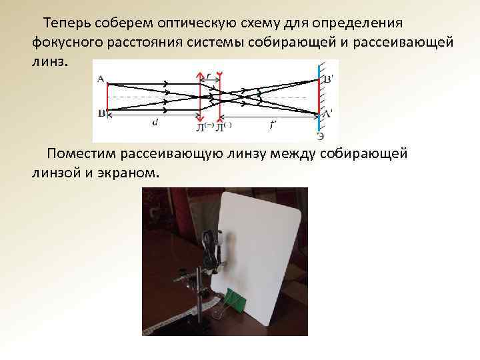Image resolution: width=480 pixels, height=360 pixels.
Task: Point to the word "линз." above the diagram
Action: tap(49, 62)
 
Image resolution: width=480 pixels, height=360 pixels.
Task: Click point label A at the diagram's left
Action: tap(101, 79)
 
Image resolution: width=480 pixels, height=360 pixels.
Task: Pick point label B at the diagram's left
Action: tap(101, 113)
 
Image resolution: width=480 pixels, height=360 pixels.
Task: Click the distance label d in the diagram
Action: tap(155, 122)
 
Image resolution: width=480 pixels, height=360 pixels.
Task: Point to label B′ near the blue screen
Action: tap(328, 79)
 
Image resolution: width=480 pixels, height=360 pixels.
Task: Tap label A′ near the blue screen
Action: tap(328, 114)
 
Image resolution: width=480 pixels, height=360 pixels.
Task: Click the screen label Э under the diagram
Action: tap(321, 136)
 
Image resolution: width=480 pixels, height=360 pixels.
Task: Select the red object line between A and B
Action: tap(107, 97)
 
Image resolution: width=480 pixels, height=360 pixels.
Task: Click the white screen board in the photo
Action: tap(260, 253)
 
